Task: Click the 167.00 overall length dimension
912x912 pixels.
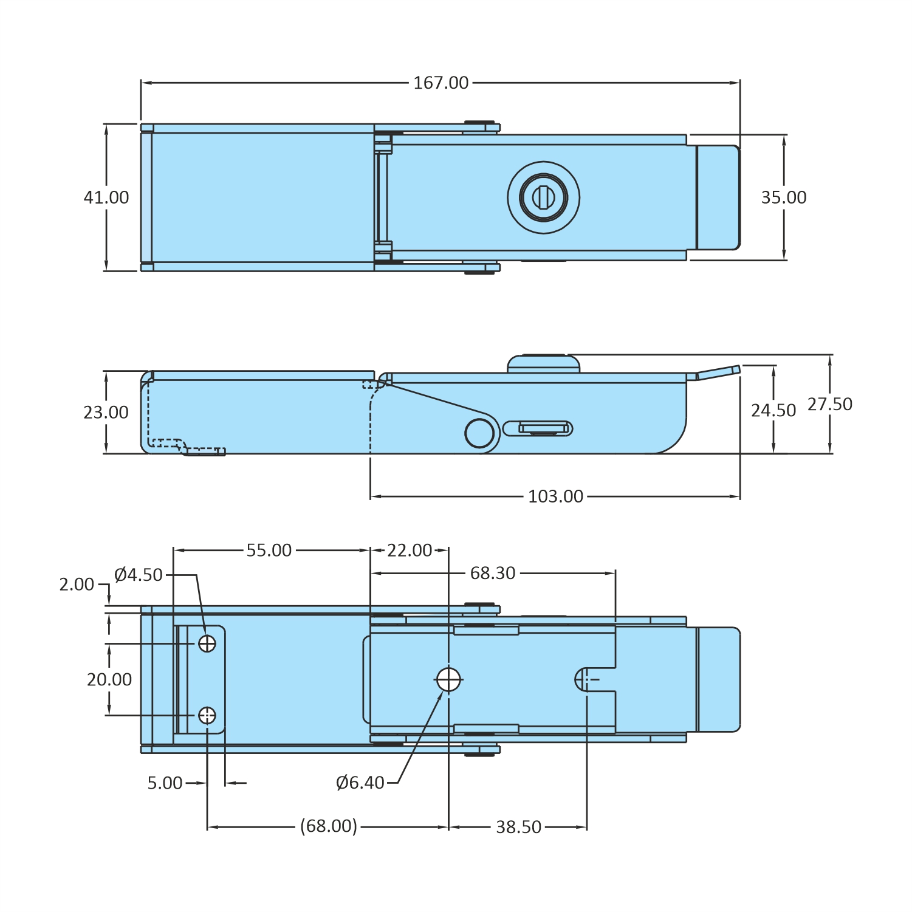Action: tap(441, 83)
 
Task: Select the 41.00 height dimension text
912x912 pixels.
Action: tap(106, 197)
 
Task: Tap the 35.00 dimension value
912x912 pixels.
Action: tap(784, 197)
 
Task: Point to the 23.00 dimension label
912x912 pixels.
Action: tap(106, 413)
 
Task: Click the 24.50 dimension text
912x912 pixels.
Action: tap(773, 411)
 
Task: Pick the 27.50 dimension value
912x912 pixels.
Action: tap(830, 404)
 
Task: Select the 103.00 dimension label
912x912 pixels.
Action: tap(555, 496)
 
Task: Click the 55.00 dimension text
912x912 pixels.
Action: tap(269, 550)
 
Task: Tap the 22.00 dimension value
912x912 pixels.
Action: tap(410, 550)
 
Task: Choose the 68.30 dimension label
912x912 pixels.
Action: tap(493, 573)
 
